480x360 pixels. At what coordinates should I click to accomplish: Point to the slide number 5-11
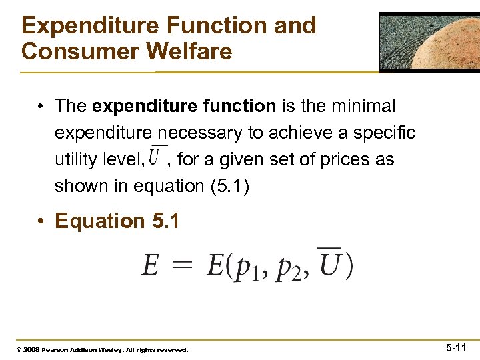coord(456,348)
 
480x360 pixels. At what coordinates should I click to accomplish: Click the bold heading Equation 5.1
coord(117,221)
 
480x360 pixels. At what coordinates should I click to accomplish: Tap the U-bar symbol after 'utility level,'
coord(158,158)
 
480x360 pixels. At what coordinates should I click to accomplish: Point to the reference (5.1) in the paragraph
coord(228,187)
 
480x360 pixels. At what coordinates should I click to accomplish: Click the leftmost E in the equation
coord(151,266)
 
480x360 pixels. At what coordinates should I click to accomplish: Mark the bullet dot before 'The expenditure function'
coord(41,107)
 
